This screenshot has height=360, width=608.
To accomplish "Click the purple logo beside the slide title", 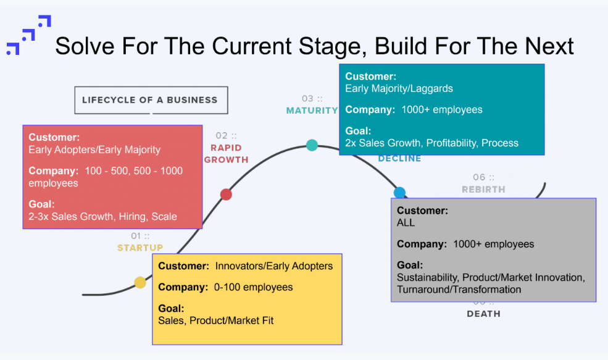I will (x=28, y=36).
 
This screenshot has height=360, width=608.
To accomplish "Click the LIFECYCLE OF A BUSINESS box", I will (x=151, y=100).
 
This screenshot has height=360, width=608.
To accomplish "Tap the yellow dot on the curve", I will (x=140, y=283).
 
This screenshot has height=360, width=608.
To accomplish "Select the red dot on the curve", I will (x=226, y=195).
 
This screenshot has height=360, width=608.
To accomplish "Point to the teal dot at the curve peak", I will (x=312, y=145).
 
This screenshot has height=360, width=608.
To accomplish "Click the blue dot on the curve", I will (x=399, y=192).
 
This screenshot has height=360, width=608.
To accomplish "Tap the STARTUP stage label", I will (x=140, y=248).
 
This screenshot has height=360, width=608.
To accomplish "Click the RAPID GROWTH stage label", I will (x=226, y=154).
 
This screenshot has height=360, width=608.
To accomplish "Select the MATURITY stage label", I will (x=312, y=111).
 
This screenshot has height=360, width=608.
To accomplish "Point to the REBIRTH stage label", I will (x=483, y=189).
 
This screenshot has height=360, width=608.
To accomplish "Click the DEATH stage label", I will (x=483, y=314).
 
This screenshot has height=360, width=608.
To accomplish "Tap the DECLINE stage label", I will (x=399, y=159).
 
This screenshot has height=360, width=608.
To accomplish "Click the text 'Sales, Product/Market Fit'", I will (x=216, y=320).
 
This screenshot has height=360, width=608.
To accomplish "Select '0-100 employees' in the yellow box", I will (x=254, y=287).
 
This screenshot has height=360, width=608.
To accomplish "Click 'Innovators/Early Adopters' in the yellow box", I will (x=274, y=266).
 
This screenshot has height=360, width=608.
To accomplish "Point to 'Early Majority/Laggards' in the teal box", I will (x=399, y=88).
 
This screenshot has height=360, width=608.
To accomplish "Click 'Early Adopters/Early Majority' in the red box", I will (x=94, y=149).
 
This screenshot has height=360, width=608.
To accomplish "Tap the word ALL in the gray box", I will (x=406, y=223).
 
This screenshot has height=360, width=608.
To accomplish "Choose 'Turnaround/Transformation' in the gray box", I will (x=459, y=290).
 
